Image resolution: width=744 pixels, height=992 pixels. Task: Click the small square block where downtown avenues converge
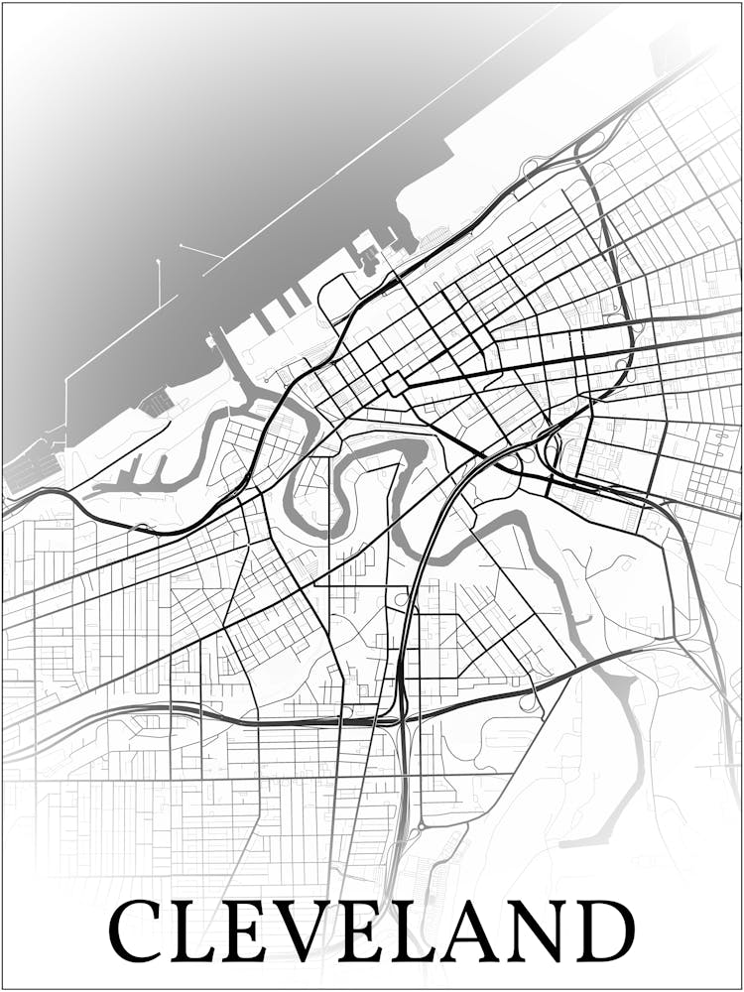click(x=395, y=384)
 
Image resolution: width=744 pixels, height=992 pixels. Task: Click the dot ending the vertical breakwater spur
click(x=159, y=262)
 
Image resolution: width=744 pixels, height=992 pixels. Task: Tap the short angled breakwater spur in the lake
click(x=199, y=251)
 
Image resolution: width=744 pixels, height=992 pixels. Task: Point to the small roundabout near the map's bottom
click(x=421, y=825)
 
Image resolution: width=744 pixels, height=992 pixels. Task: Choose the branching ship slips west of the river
click(x=129, y=481)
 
